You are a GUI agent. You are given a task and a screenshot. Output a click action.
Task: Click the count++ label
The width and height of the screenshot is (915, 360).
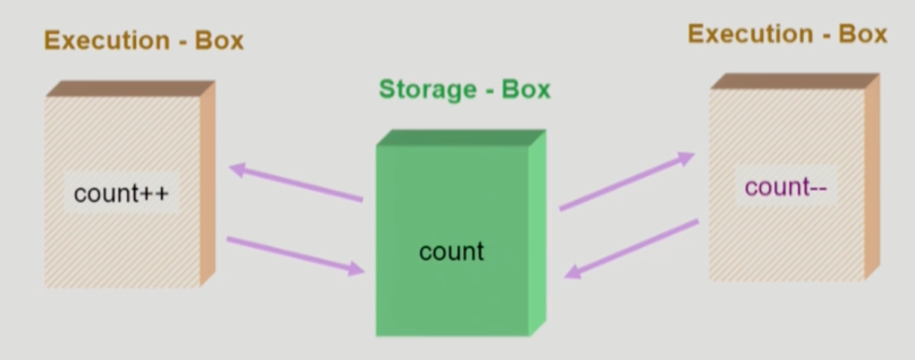(x=122, y=194)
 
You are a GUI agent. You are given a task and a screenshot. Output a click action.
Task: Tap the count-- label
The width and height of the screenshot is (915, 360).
(x=786, y=186)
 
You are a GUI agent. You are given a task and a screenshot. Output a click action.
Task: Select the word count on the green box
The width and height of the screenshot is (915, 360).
(x=451, y=251)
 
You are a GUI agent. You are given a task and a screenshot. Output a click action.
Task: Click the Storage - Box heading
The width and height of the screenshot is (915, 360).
(x=465, y=89)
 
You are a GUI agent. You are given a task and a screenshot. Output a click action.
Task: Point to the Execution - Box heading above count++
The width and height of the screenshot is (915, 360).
(x=144, y=40)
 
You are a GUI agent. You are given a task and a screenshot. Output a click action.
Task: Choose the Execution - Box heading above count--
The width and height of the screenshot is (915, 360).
(x=787, y=34)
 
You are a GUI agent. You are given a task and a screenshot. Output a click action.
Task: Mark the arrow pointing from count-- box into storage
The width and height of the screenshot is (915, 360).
(x=632, y=249)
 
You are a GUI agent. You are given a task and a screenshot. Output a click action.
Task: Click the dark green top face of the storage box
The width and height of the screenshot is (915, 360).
(x=461, y=138)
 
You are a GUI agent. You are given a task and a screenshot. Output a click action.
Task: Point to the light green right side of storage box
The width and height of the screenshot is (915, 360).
(x=537, y=233)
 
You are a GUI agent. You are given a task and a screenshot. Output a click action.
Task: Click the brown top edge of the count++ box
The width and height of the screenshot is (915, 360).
(x=130, y=88)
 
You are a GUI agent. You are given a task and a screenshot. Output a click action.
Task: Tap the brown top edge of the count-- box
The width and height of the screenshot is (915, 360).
(x=794, y=80)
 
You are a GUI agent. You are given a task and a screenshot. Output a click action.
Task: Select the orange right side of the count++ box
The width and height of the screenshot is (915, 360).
(x=208, y=184)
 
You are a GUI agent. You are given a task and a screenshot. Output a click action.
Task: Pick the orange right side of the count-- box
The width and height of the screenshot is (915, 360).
(x=871, y=177)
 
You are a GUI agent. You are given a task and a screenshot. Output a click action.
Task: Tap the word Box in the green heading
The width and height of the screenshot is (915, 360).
(x=526, y=89)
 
